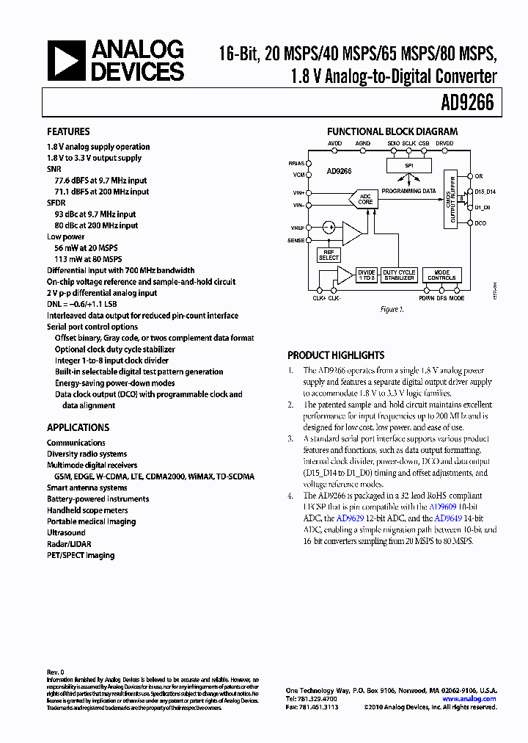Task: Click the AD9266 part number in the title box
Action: point(468,104)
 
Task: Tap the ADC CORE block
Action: point(365,199)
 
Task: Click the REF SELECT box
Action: point(329,255)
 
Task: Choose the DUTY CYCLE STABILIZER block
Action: point(399,275)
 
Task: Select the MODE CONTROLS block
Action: point(441,275)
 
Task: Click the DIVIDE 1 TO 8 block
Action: point(366,275)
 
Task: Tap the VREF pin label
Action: point(297,228)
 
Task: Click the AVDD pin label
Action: point(334,142)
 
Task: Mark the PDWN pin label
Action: point(426,299)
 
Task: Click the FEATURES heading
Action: point(68,131)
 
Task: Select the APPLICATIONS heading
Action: point(78,427)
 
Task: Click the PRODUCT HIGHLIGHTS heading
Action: point(336,355)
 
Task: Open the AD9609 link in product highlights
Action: point(443,507)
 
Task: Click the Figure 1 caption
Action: point(392,310)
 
